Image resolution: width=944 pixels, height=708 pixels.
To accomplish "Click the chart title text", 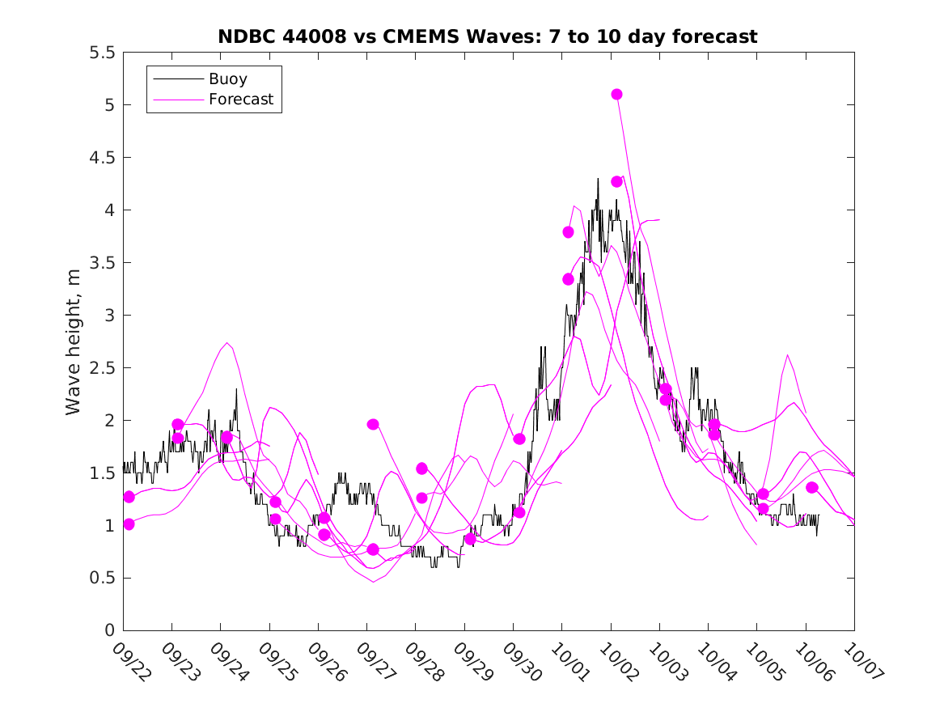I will [x=488, y=36].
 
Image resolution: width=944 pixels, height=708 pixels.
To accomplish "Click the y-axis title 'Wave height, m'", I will [x=74, y=341].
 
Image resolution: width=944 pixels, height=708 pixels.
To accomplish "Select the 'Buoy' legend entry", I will [x=228, y=79].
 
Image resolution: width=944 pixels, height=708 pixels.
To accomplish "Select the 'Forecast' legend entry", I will [x=241, y=100].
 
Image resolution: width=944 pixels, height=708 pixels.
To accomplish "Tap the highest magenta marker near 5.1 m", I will [x=616, y=94].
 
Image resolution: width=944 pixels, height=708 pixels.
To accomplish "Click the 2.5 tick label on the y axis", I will [x=104, y=368].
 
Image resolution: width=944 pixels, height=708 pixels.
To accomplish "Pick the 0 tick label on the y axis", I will [x=109, y=630].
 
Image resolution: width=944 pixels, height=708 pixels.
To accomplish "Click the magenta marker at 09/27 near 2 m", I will [x=373, y=424].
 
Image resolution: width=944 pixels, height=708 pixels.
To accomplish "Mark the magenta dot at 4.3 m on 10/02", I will [x=616, y=181].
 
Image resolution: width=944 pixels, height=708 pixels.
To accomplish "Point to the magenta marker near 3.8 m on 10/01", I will [x=568, y=232].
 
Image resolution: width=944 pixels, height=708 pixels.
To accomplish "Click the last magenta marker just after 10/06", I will [x=811, y=487].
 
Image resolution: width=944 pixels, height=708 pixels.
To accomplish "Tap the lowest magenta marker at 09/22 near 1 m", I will [x=129, y=524].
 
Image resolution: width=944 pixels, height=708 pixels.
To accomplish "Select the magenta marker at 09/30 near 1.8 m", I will [x=519, y=439].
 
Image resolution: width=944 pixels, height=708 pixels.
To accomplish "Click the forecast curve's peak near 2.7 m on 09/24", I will [x=227, y=343].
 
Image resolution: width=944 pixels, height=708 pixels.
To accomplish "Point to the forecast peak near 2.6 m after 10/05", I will [x=787, y=354].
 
